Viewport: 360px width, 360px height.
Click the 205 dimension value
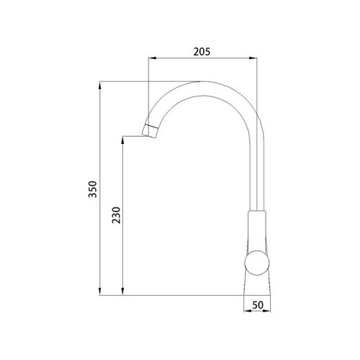(x=202, y=52)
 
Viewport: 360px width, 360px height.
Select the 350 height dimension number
(x=92, y=189)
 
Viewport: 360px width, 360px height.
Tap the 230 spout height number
(x=116, y=215)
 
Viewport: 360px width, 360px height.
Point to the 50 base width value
(x=258, y=305)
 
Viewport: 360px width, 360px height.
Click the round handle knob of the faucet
(x=257, y=263)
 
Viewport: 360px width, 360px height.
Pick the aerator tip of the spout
(x=150, y=131)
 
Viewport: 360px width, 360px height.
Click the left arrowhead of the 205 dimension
(x=153, y=58)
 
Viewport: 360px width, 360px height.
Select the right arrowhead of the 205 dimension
(x=253, y=58)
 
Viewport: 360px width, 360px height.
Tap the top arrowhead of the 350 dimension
(x=99, y=86)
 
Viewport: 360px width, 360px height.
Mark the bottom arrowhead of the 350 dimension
(x=99, y=291)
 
